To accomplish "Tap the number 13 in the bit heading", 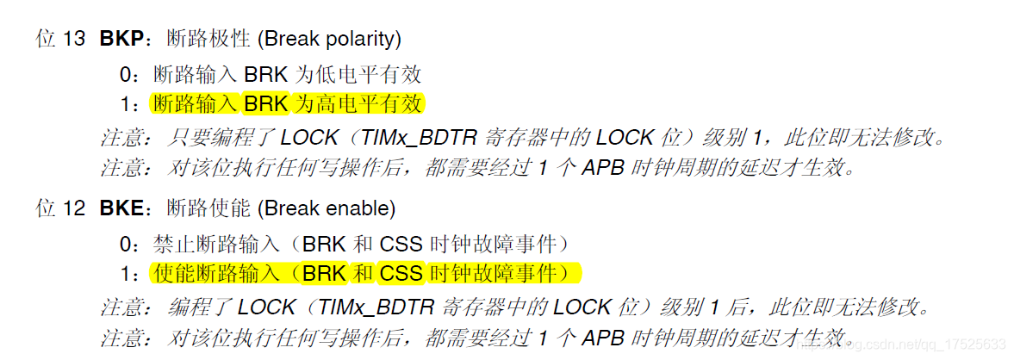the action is [x=74, y=40].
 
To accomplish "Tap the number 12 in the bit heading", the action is [x=74, y=208].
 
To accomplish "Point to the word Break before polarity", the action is [x=290, y=40].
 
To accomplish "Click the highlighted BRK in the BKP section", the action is [x=268, y=104].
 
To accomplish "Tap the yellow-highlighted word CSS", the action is [x=401, y=274].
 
